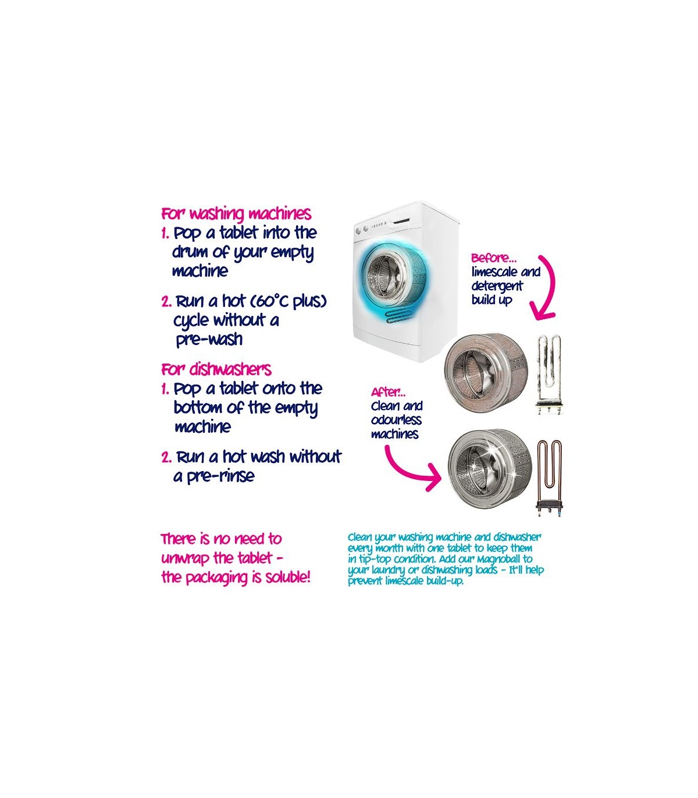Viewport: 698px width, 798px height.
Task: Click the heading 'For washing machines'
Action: pyautogui.click(x=236, y=213)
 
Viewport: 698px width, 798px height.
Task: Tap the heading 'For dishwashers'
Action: pyautogui.click(x=216, y=369)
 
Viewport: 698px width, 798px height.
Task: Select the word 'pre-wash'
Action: pyautogui.click(x=209, y=340)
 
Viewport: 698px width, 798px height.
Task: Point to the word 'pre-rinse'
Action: pyautogui.click(x=220, y=476)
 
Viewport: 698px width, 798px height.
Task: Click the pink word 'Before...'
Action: pyautogui.click(x=494, y=258)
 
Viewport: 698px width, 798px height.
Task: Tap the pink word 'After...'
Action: pyautogui.click(x=388, y=392)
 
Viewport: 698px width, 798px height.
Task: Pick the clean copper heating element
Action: pyautogui.click(x=549, y=479)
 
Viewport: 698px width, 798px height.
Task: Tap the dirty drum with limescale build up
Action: pyautogui.click(x=486, y=373)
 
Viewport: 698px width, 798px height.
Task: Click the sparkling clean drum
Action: pyautogui.click(x=490, y=469)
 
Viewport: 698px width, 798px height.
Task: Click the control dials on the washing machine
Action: pyautogui.click(x=362, y=230)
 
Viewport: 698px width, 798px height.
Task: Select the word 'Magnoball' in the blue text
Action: pyautogui.click(x=498, y=559)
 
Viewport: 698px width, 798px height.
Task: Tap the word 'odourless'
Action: pyautogui.click(x=396, y=420)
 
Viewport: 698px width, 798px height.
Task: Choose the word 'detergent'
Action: pyautogui.click(x=497, y=287)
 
